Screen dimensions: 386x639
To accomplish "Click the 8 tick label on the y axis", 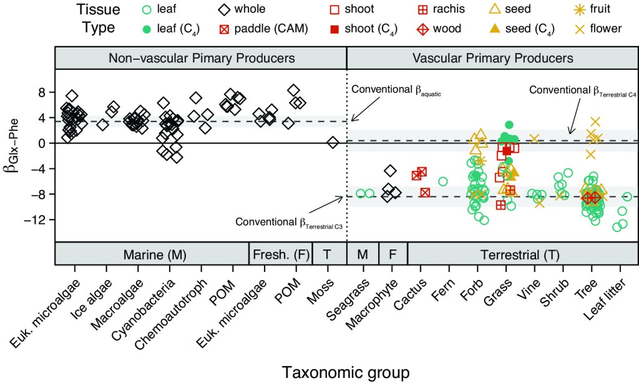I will [x=42, y=92].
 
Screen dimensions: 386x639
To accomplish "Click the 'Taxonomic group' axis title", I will [x=346, y=372].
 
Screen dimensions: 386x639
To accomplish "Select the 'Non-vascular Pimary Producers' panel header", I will [x=201, y=58].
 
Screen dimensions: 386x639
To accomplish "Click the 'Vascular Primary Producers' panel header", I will [x=492, y=58].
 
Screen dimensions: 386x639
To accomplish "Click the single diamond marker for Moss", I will [x=333, y=143].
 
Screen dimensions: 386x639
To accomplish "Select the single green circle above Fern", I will [x=443, y=181].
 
